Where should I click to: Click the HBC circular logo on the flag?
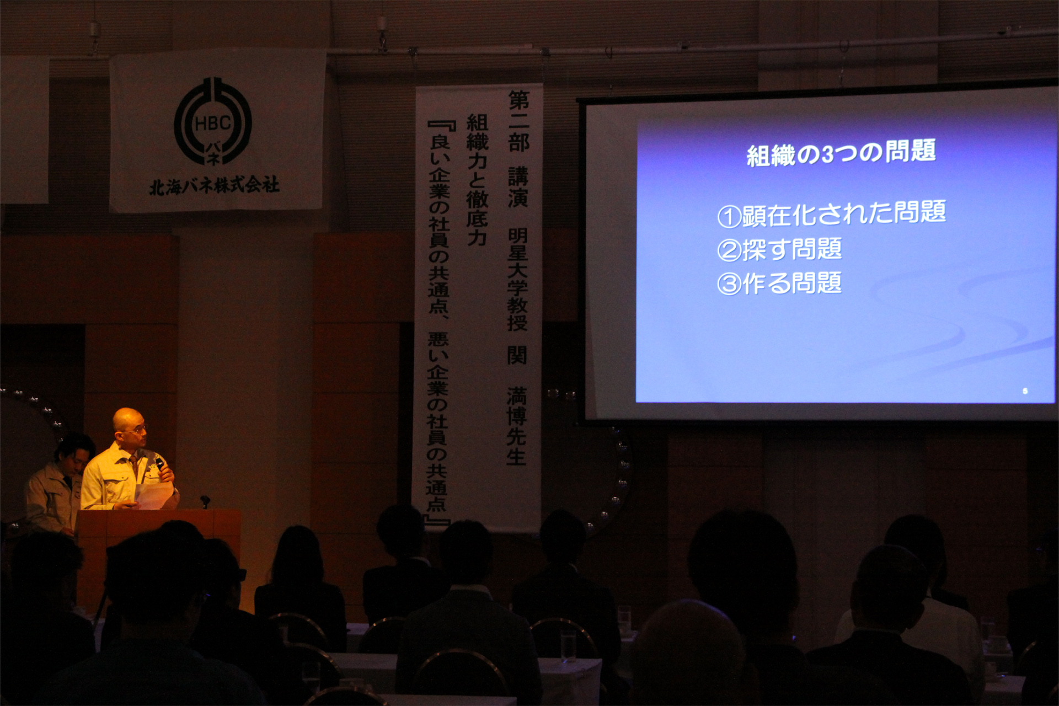click(x=213, y=121)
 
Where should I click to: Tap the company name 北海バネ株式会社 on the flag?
click(x=215, y=186)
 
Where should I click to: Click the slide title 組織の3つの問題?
click(x=841, y=153)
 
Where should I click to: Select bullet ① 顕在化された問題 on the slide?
click(x=831, y=214)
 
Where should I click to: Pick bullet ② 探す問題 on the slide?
click(x=779, y=249)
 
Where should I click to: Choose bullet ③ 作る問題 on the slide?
click(x=779, y=284)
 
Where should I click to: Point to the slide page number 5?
click(x=1025, y=391)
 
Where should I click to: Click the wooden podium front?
click(x=159, y=557)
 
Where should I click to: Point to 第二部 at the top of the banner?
click(x=518, y=122)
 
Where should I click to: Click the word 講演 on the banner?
click(x=518, y=188)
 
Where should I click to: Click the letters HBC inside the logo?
click(x=213, y=123)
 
